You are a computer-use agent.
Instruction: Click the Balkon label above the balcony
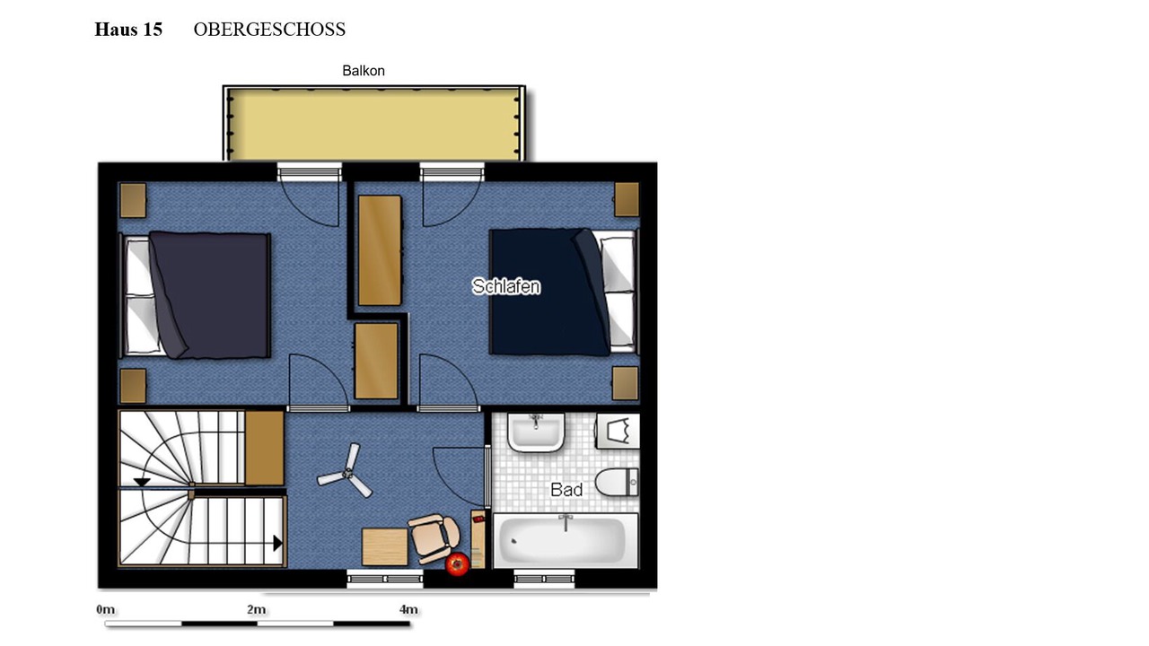(x=364, y=71)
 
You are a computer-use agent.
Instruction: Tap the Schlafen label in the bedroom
(x=505, y=286)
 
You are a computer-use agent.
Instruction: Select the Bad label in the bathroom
(x=566, y=490)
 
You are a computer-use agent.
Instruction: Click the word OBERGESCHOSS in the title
(x=269, y=30)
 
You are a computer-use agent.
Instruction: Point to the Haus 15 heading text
(x=128, y=30)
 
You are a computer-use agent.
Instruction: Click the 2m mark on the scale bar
(x=257, y=609)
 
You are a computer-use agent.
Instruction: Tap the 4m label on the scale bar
(x=408, y=609)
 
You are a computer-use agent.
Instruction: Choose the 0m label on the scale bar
(x=106, y=609)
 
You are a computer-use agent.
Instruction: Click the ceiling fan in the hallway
(x=346, y=472)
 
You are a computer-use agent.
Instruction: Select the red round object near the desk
(x=457, y=564)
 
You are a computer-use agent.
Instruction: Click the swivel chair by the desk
(x=434, y=537)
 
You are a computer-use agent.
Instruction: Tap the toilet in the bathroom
(x=617, y=482)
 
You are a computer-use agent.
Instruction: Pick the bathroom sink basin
(x=536, y=432)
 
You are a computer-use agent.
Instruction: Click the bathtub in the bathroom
(x=566, y=540)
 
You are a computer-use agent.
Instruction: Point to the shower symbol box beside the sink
(x=618, y=432)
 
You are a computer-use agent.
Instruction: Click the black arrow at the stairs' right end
(x=277, y=543)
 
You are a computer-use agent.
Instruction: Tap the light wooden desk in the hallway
(x=385, y=547)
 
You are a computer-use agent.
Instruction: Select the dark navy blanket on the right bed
(x=548, y=292)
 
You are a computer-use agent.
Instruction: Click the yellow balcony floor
(x=374, y=124)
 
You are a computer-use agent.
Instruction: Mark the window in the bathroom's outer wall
(x=544, y=580)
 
